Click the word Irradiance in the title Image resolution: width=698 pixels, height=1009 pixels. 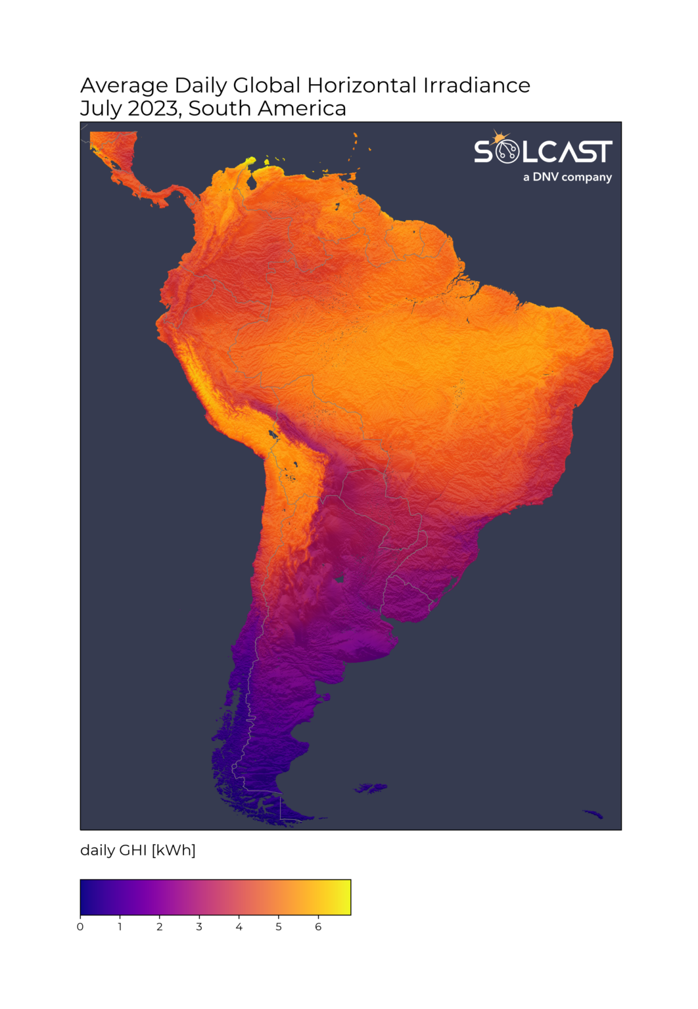[x=476, y=85]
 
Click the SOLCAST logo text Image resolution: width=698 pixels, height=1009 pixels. [x=543, y=152]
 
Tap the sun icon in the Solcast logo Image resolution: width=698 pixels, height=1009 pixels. [x=501, y=138]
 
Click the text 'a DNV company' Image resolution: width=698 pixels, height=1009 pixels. [x=567, y=177]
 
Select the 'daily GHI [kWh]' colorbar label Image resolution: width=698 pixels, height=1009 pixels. [x=138, y=850]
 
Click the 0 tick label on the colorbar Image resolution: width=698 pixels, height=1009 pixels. [x=80, y=927]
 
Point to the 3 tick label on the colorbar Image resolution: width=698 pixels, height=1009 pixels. [x=199, y=927]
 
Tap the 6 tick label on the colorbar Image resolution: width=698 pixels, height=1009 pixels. [x=318, y=927]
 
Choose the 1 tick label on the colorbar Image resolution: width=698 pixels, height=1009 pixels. [x=120, y=927]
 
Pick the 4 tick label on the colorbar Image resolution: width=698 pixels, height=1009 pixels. [x=239, y=927]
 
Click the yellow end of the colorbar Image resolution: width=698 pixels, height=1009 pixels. [x=345, y=897]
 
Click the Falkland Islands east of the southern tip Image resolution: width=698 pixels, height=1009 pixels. [x=371, y=788]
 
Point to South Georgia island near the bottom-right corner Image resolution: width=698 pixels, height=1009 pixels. [x=593, y=815]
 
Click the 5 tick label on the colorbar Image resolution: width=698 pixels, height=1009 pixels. [x=279, y=927]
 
